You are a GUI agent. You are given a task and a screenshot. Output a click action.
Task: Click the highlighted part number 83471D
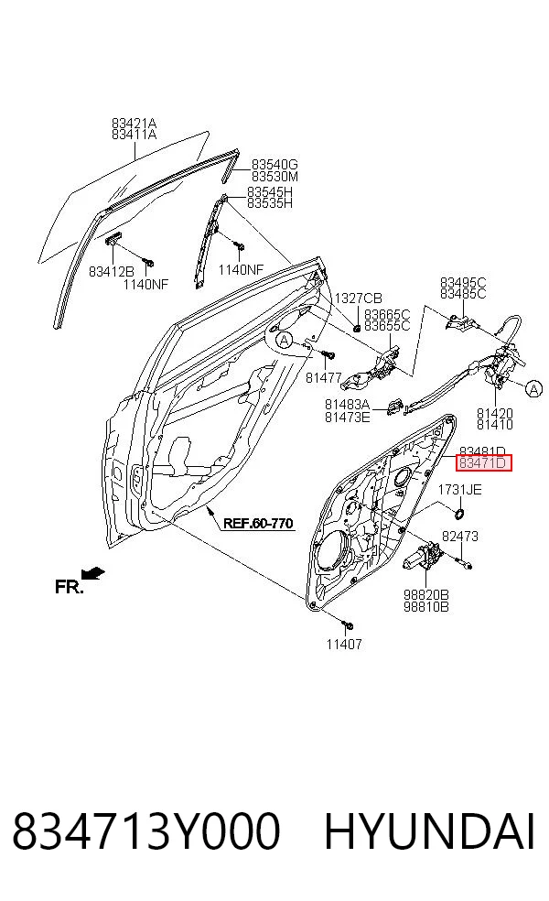[482, 462]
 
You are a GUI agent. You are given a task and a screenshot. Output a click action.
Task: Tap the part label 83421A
[134, 123]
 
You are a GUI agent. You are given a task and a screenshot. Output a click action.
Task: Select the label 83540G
[274, 166]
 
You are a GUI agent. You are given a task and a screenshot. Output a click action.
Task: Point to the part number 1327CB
[359, 299]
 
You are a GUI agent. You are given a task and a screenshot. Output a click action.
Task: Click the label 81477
[324, 377]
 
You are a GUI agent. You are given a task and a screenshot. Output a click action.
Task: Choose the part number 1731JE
[460, 490]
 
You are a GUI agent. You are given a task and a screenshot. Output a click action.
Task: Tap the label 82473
[460, 537]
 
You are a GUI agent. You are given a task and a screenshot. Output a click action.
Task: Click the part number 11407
[344, 644]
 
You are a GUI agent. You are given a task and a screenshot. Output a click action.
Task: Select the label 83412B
[112, 271]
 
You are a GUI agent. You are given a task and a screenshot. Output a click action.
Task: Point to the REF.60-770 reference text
[258, 523]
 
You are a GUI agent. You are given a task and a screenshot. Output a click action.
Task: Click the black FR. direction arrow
[93, 573]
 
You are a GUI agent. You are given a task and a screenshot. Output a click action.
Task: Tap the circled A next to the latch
[534, 389]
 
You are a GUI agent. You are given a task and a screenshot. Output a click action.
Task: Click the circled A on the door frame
[284, 341]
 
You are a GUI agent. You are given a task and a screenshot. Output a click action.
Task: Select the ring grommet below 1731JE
[459, 512]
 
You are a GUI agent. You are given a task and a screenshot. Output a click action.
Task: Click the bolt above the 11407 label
[347, 624]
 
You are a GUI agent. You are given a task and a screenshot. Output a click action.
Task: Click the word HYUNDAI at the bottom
[430, 830]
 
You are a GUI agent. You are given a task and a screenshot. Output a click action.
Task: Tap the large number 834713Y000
[146, 830]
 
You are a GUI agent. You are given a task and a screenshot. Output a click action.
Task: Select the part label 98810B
[426, 606]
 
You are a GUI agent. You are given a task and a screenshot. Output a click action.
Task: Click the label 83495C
[463, 282]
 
